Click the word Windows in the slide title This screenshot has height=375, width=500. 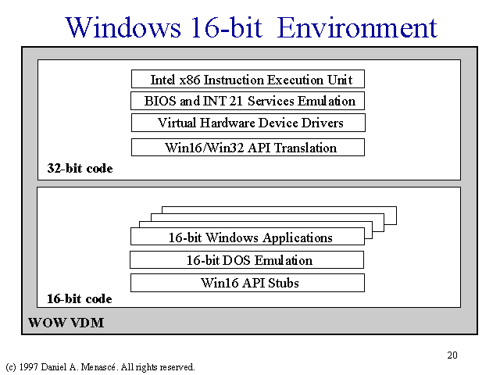coord(123,27)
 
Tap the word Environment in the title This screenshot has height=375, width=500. coord(357,27)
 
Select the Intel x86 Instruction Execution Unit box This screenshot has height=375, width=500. coord(248,79)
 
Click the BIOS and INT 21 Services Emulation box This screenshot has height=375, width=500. coord(248,101)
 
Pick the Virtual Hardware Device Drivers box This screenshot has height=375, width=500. coord(248,123)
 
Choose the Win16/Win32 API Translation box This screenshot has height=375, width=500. coord(248,148)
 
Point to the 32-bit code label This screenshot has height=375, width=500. coord(80,169)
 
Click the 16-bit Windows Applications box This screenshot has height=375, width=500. coord(248,236)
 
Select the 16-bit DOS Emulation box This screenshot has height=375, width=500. coord(247,260)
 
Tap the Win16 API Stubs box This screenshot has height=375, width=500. coord(248,283)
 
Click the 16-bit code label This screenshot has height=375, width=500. coord(80,298)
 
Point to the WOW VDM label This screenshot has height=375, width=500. coord(66,323)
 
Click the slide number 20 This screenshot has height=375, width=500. coord(452,355)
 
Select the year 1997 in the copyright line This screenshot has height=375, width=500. coord(29,367)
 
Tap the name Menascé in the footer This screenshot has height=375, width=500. coord(98,367)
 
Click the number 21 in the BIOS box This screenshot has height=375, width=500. coord(236,101)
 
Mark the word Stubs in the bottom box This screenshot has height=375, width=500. coord(283,283)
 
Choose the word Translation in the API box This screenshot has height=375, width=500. coord(305,148)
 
